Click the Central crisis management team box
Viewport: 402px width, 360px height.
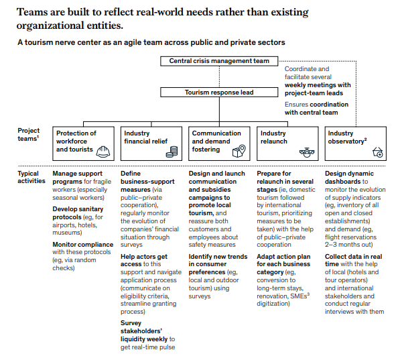pos(218,61)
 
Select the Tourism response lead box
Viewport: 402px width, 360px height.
pos(218,93)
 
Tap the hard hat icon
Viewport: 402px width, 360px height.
pos(105,151)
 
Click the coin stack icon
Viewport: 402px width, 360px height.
pos(174,152)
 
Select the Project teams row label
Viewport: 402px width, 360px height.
pos(29,135)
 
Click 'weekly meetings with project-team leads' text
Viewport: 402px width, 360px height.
pos(317,89)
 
